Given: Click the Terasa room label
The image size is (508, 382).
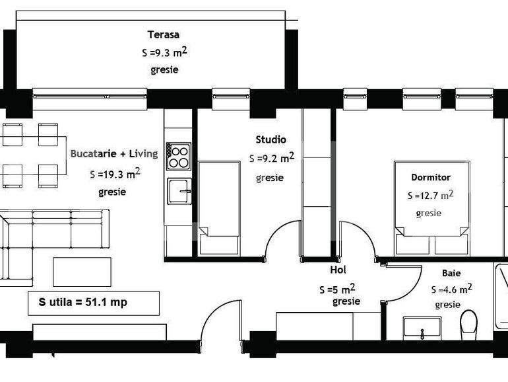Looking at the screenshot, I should pyautogui.click(x=164, y=35).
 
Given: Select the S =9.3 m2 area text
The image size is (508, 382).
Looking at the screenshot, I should pyautogui.click(x=169, y=52).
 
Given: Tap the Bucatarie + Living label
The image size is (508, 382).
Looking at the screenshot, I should pyautogui.click(x=114, y=154).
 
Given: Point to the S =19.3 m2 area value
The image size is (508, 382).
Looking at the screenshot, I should pyautogui.click(x=115, y=174).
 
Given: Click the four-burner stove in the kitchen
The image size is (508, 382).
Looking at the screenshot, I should pyautogui.click(x=178, y=157).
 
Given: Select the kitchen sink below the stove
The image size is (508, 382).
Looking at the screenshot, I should pyautogui.click(x=179, y=192).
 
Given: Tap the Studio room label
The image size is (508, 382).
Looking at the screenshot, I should pyautogui.click(x=270, y=139).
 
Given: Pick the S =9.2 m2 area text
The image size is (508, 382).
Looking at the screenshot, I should pyautogui.click(x=271, y=159).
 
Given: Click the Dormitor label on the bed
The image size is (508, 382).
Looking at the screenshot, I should pyautogui.click(x=430, y=177).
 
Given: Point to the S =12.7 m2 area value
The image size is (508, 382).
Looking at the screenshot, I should pyautogui.click(x=430, y=196).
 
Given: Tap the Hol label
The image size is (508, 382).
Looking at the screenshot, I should pyautogui.click(x=338, y=270).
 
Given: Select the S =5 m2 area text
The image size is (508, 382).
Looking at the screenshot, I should pyautogui.click(x=337, y=289).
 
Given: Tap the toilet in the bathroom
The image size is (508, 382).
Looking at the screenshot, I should pyautogui.click(x=469, y=325).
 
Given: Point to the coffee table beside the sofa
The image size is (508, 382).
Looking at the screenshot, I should pyautogui.click(x=78, y=271).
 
